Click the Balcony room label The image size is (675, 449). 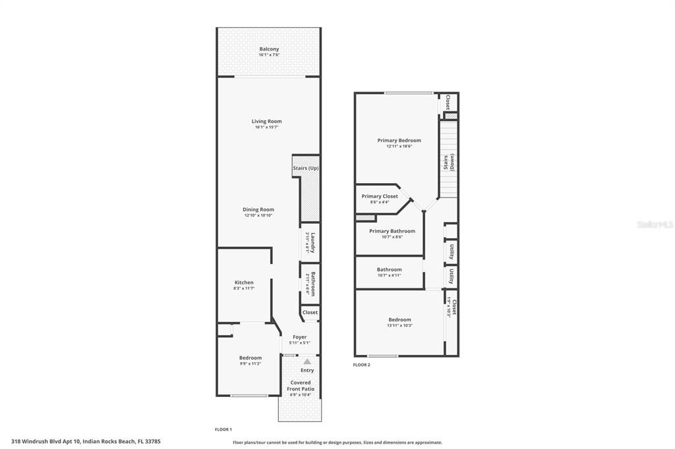[269, 49]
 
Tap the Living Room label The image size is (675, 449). [266, 121]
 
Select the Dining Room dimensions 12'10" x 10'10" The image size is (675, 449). [258, 216]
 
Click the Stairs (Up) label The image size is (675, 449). [306, 169]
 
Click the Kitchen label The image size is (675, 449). [244, 282]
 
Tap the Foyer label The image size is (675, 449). [299, 337]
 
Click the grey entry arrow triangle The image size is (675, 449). [307, 361]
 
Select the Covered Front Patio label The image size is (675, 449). [301, 386]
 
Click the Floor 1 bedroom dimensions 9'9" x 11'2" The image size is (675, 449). [250, 363]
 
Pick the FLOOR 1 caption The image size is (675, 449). [223, 429]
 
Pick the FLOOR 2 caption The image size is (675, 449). [361, 365]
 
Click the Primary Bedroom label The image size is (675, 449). [399, 140]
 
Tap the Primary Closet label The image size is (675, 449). [380, 196]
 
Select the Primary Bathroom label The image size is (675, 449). [392, 231]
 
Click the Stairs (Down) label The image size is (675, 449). [448, 163]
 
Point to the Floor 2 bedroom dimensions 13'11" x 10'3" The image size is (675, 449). [399, 326]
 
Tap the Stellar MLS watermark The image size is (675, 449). [655, 224]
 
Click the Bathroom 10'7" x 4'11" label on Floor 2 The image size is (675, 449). [389, 269]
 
